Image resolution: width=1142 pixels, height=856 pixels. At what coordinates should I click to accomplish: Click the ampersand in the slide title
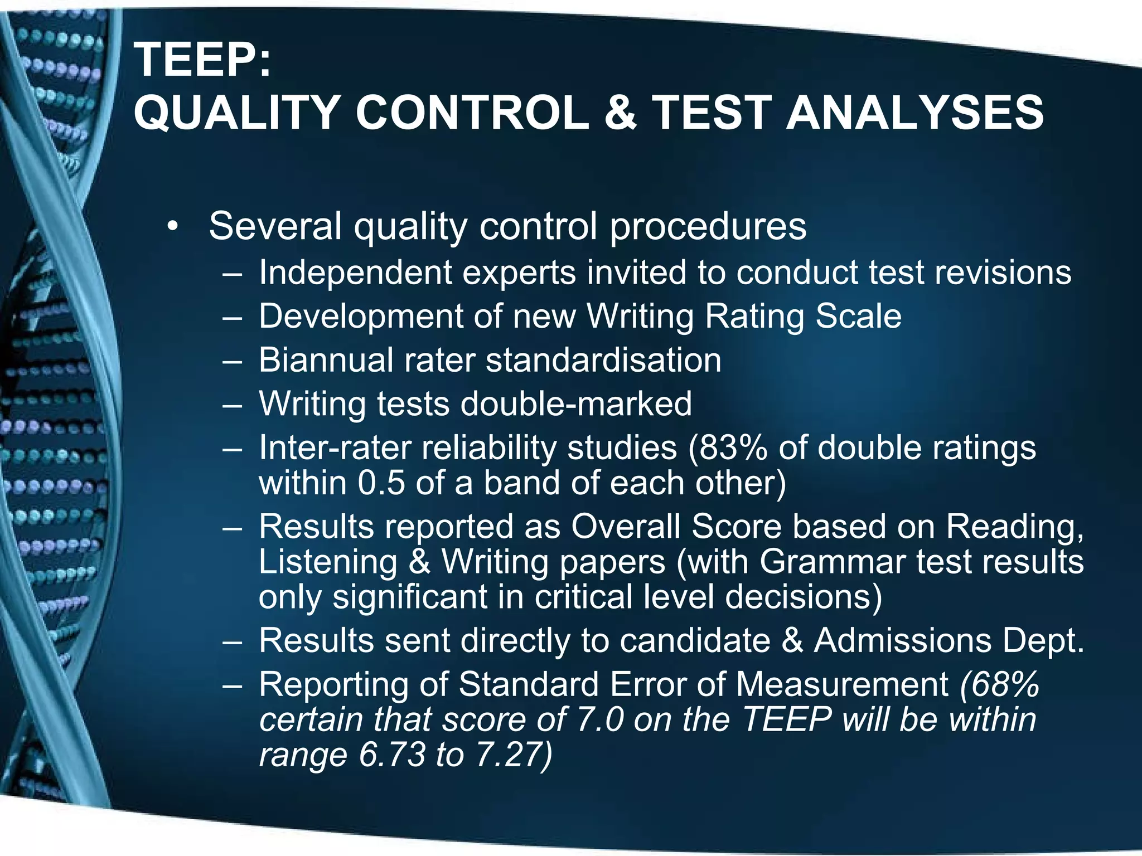point(620,113)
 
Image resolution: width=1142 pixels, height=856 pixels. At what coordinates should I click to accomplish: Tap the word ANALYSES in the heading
point(914,113)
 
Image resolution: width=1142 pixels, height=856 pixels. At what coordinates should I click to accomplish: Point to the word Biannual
point(326,360)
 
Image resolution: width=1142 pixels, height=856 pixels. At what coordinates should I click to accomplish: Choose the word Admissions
point(902,640)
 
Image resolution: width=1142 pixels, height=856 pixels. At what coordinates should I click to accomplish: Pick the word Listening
point(328,561)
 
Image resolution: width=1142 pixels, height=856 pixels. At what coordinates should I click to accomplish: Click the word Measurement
point(842,684)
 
